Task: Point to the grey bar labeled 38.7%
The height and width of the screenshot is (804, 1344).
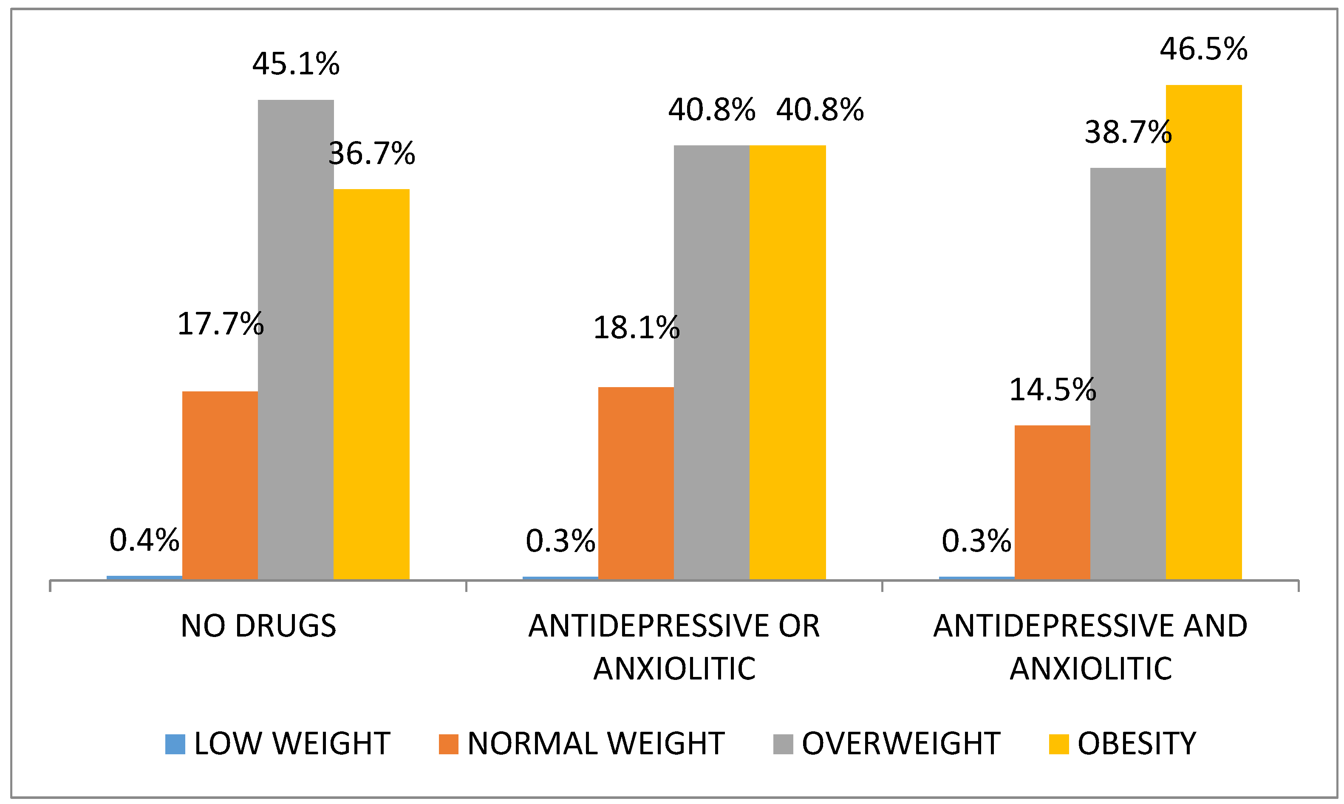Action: (x=1127, y=374)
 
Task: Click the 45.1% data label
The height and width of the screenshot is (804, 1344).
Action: (x=296, y=64)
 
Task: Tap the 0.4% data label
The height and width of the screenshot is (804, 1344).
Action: (x=144, y=540)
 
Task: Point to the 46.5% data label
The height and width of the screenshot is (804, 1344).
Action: (x=1203, y=49)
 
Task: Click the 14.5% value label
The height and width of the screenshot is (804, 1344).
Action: (x=1052, y=390)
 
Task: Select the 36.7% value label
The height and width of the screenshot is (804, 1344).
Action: (x=372, y=153)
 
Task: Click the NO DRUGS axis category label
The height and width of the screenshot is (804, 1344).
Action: (x=258, y=626)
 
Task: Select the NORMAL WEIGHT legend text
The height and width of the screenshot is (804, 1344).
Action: (x=595, y=743)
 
